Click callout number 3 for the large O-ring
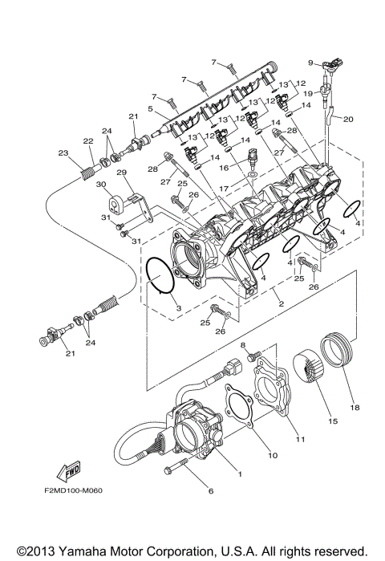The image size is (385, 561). (x=168, y=308)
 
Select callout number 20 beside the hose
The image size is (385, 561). (x=348, y=119)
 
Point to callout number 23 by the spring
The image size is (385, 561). (x=62, y=152)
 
